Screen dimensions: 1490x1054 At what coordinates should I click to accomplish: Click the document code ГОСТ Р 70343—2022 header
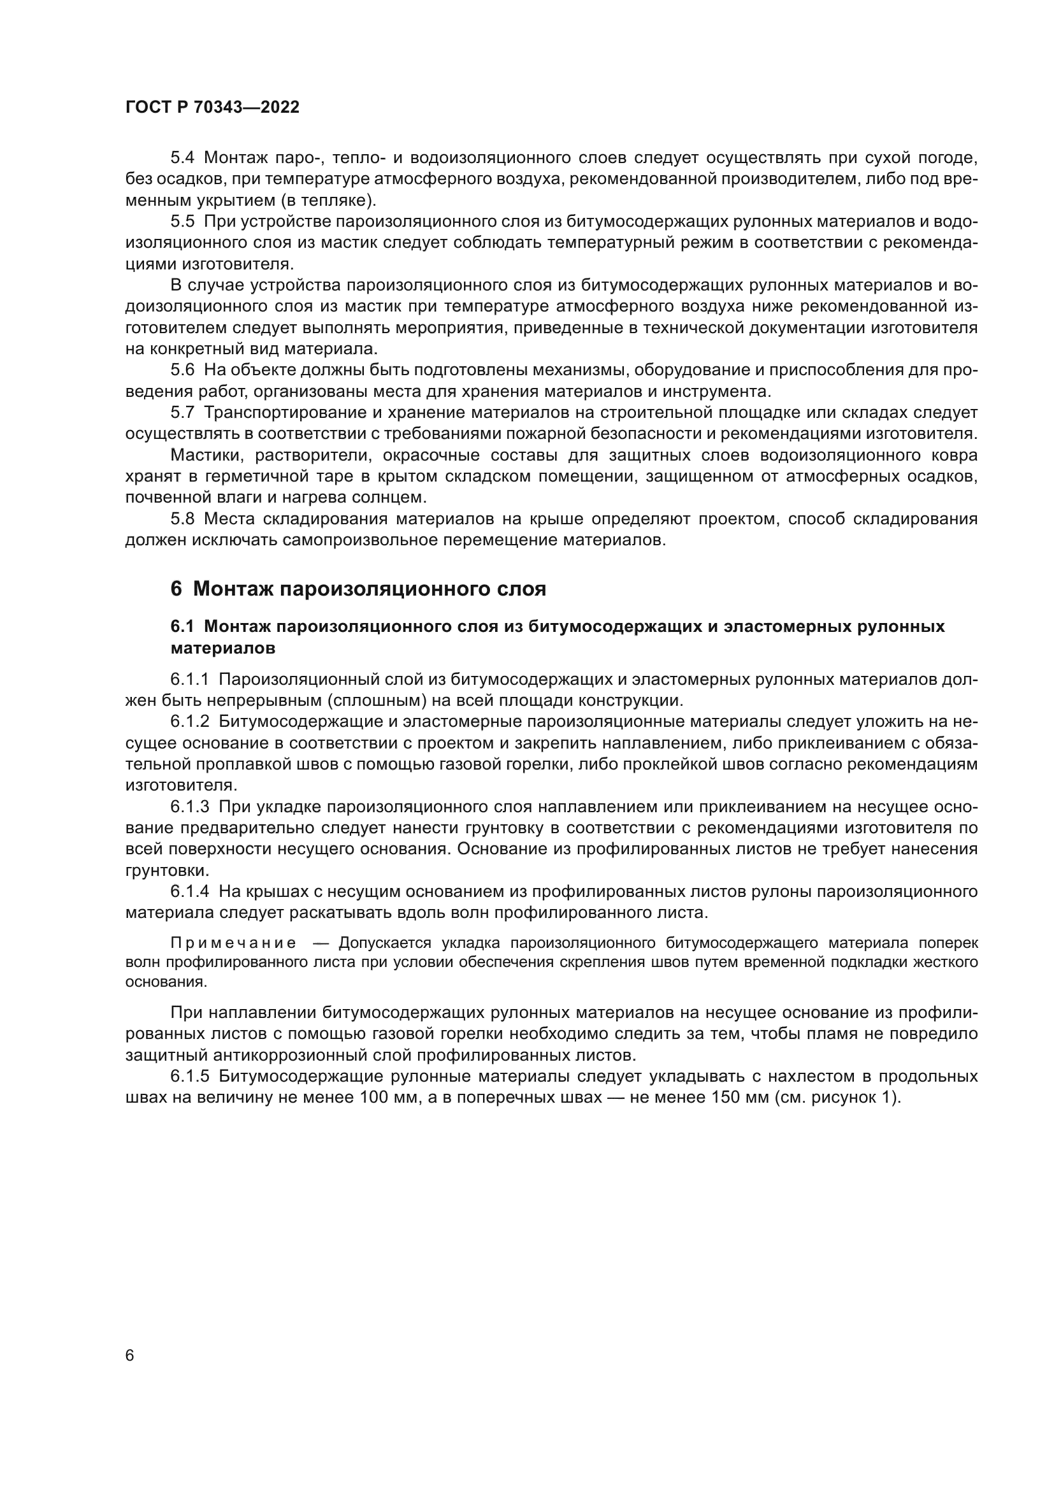click(212, 108)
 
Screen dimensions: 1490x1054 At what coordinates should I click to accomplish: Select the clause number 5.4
click(182, 158)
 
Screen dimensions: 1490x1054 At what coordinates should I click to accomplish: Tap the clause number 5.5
click(182, 221)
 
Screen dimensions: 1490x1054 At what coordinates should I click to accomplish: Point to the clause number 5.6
click(182, 370)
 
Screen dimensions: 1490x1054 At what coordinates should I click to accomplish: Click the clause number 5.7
click(182, 413)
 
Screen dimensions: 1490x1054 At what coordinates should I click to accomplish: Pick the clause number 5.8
click(182, 519)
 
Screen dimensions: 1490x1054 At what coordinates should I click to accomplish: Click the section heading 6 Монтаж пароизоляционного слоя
click(358, 589)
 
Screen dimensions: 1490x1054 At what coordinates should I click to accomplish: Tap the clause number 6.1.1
click(189, 680)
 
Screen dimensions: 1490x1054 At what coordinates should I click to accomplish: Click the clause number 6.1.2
click(189, 722)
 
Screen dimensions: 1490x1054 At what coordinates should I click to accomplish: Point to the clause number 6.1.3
click(189, 806)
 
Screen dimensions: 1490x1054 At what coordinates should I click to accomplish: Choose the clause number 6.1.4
click(189, 892)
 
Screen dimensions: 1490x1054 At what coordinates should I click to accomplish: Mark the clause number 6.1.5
click(189, 1077)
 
